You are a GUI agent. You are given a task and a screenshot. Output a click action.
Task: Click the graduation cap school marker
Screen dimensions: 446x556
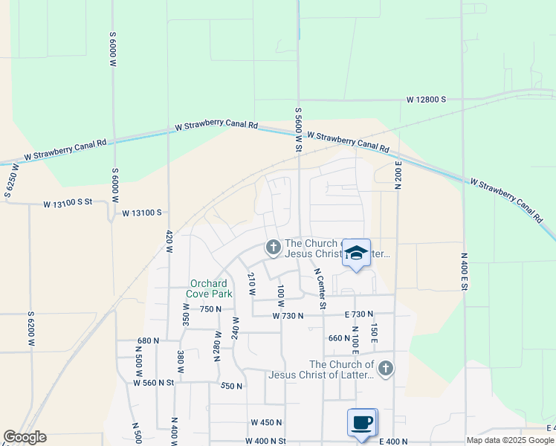357,253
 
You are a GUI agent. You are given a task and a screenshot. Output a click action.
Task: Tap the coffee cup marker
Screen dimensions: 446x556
362,423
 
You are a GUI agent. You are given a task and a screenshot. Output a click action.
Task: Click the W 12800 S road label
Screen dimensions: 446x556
426,99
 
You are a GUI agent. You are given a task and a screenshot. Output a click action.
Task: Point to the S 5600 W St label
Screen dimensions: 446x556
298,129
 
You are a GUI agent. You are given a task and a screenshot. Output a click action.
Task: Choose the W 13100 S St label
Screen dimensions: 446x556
67,203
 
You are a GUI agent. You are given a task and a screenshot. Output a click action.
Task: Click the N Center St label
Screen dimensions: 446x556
320,288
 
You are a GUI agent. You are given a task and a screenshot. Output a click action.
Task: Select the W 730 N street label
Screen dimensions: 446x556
288,316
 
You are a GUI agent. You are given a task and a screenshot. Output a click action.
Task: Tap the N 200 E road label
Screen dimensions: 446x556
398,175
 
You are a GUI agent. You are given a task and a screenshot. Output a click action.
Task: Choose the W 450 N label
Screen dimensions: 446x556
266,422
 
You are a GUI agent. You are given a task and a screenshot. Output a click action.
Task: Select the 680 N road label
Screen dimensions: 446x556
149,340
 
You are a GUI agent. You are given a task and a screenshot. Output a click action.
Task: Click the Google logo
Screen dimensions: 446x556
25,437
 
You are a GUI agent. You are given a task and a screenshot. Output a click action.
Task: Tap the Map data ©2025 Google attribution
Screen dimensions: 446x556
510,440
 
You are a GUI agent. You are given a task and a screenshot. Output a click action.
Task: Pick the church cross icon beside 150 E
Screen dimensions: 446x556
385,369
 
